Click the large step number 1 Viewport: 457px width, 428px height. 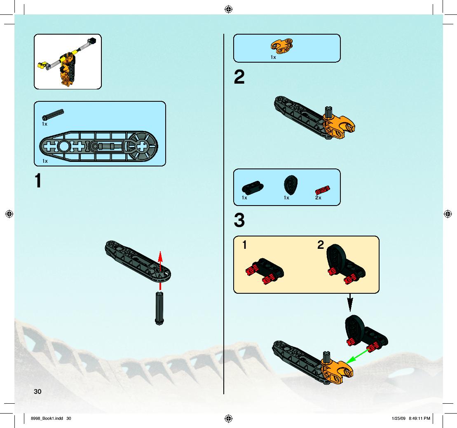(x=38, y=181)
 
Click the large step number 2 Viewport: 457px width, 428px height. (x=239, y=77)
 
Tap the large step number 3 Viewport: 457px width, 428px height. (x=239, y=220)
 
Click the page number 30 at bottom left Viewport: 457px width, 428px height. (x=37, y=392)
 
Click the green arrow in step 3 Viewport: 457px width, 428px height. (x=358, y=355)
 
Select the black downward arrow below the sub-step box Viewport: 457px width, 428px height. (x=350, y=302)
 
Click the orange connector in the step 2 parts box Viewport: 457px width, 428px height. (x=282, y=46)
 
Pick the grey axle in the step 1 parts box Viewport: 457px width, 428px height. (x=53, y=115)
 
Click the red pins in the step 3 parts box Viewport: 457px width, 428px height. (x=323, y=190)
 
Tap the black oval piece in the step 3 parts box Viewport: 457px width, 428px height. (x=291, y=185)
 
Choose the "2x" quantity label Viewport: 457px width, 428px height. (x=318, y=198)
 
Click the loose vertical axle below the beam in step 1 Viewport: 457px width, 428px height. (x=159, y=309)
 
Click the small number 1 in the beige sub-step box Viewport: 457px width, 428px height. (x=244, y=245)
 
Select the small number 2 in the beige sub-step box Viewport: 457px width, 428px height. (x=321, y=245)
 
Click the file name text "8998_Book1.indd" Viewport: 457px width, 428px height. (x=47, y=419)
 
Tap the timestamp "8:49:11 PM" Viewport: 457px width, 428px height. (x=420, y=419)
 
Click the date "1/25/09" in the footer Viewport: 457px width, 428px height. (x=399, y=419)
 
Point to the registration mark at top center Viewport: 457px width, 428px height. (x=228, y=9)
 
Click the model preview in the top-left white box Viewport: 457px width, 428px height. (x=68, y=62)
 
